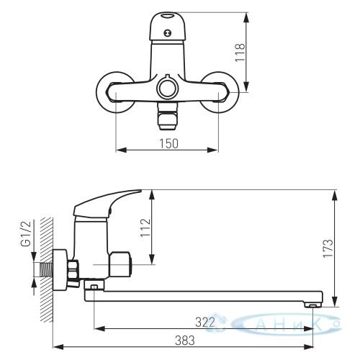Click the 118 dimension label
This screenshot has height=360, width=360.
pos(240,53)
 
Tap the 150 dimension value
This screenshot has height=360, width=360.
pos(169,143)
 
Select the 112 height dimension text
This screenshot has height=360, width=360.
pos(145,228)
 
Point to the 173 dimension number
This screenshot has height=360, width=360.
pos(328,248)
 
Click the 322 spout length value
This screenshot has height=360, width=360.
pos(204,323)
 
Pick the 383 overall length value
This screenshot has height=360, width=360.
pos(185,341)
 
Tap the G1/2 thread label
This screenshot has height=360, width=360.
pos(27,233)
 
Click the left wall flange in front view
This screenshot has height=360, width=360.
pos(114,92)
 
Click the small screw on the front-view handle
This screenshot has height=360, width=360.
pos(167,33)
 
